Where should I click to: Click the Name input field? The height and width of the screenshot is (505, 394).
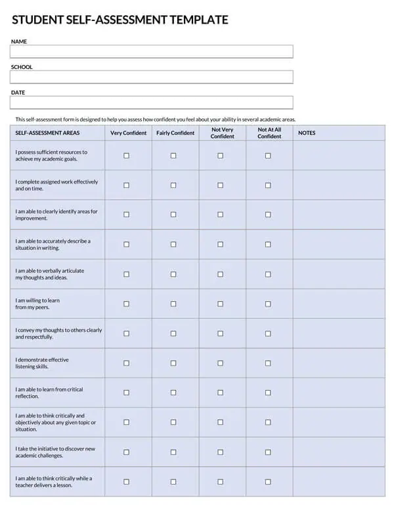tap(151, 52)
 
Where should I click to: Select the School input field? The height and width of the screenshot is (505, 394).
tap(151, 77)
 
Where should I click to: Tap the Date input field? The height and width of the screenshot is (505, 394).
tap(151, 103)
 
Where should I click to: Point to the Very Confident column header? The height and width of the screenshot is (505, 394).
tap(129, 133)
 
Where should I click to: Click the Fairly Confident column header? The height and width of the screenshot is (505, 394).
tap(175, 133)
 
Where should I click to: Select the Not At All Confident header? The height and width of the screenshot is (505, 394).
tap(269, 133)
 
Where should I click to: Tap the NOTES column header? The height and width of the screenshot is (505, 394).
tap(307, 133)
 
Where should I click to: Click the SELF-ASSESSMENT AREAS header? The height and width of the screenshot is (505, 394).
tap(47, 133)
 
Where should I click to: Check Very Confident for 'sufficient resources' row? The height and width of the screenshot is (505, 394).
tap(127, 156)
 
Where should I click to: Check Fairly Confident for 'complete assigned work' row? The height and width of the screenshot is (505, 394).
tap(173, 185)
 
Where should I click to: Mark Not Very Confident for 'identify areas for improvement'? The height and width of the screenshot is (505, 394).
tap(221, 214)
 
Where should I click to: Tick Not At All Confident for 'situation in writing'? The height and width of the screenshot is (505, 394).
tap(268, 245)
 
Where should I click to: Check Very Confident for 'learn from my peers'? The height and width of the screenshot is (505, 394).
tap(127, 304)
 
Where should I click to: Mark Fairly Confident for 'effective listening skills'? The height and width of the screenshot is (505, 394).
tap(173, 363)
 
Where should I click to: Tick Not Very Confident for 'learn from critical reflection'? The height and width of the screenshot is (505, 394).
tap(221, 393)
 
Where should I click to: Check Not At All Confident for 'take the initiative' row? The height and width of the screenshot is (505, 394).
tap(268, 452)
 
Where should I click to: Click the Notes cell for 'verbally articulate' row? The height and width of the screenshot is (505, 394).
tap(339, 274)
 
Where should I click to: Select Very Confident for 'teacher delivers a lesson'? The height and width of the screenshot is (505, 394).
tap(127, 482)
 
